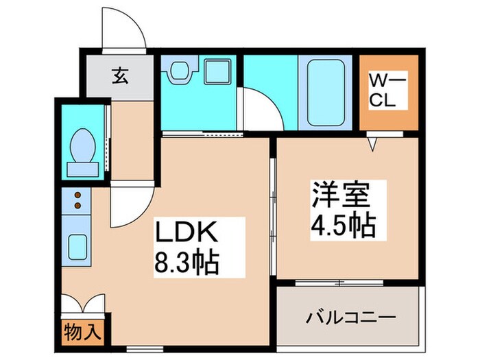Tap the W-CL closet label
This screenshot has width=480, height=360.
(388, 90)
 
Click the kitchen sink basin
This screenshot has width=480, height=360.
(77, 245)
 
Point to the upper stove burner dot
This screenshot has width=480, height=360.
(77, 195)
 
